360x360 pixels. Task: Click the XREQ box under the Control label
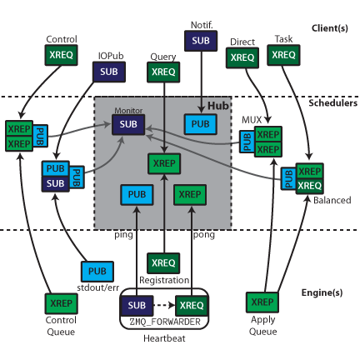[61, 55]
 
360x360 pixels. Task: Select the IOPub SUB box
[109, 72]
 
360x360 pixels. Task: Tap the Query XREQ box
[163, 72]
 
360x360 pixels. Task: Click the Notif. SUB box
[201, 41]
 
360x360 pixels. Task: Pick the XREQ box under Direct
[242, 57]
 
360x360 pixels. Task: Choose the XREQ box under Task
[283, 55]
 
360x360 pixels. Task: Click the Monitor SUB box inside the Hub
[128, 124]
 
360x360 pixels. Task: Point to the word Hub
[218, 106]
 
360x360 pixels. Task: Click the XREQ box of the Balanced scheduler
[310, 186]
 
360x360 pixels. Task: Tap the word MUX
[252, 120]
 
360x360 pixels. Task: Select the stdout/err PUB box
[97, 272]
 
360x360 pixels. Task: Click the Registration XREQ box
[163, 263]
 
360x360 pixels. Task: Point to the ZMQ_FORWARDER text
[165, 322]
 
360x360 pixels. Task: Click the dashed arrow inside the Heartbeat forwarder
[164, 305]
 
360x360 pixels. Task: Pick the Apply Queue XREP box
[262, 302]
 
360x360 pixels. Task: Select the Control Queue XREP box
[61, 303]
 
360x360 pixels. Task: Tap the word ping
[123, 235]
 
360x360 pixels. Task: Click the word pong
[204, 235]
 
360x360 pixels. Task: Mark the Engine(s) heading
[322, 292]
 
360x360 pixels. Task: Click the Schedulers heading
[333, 103]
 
